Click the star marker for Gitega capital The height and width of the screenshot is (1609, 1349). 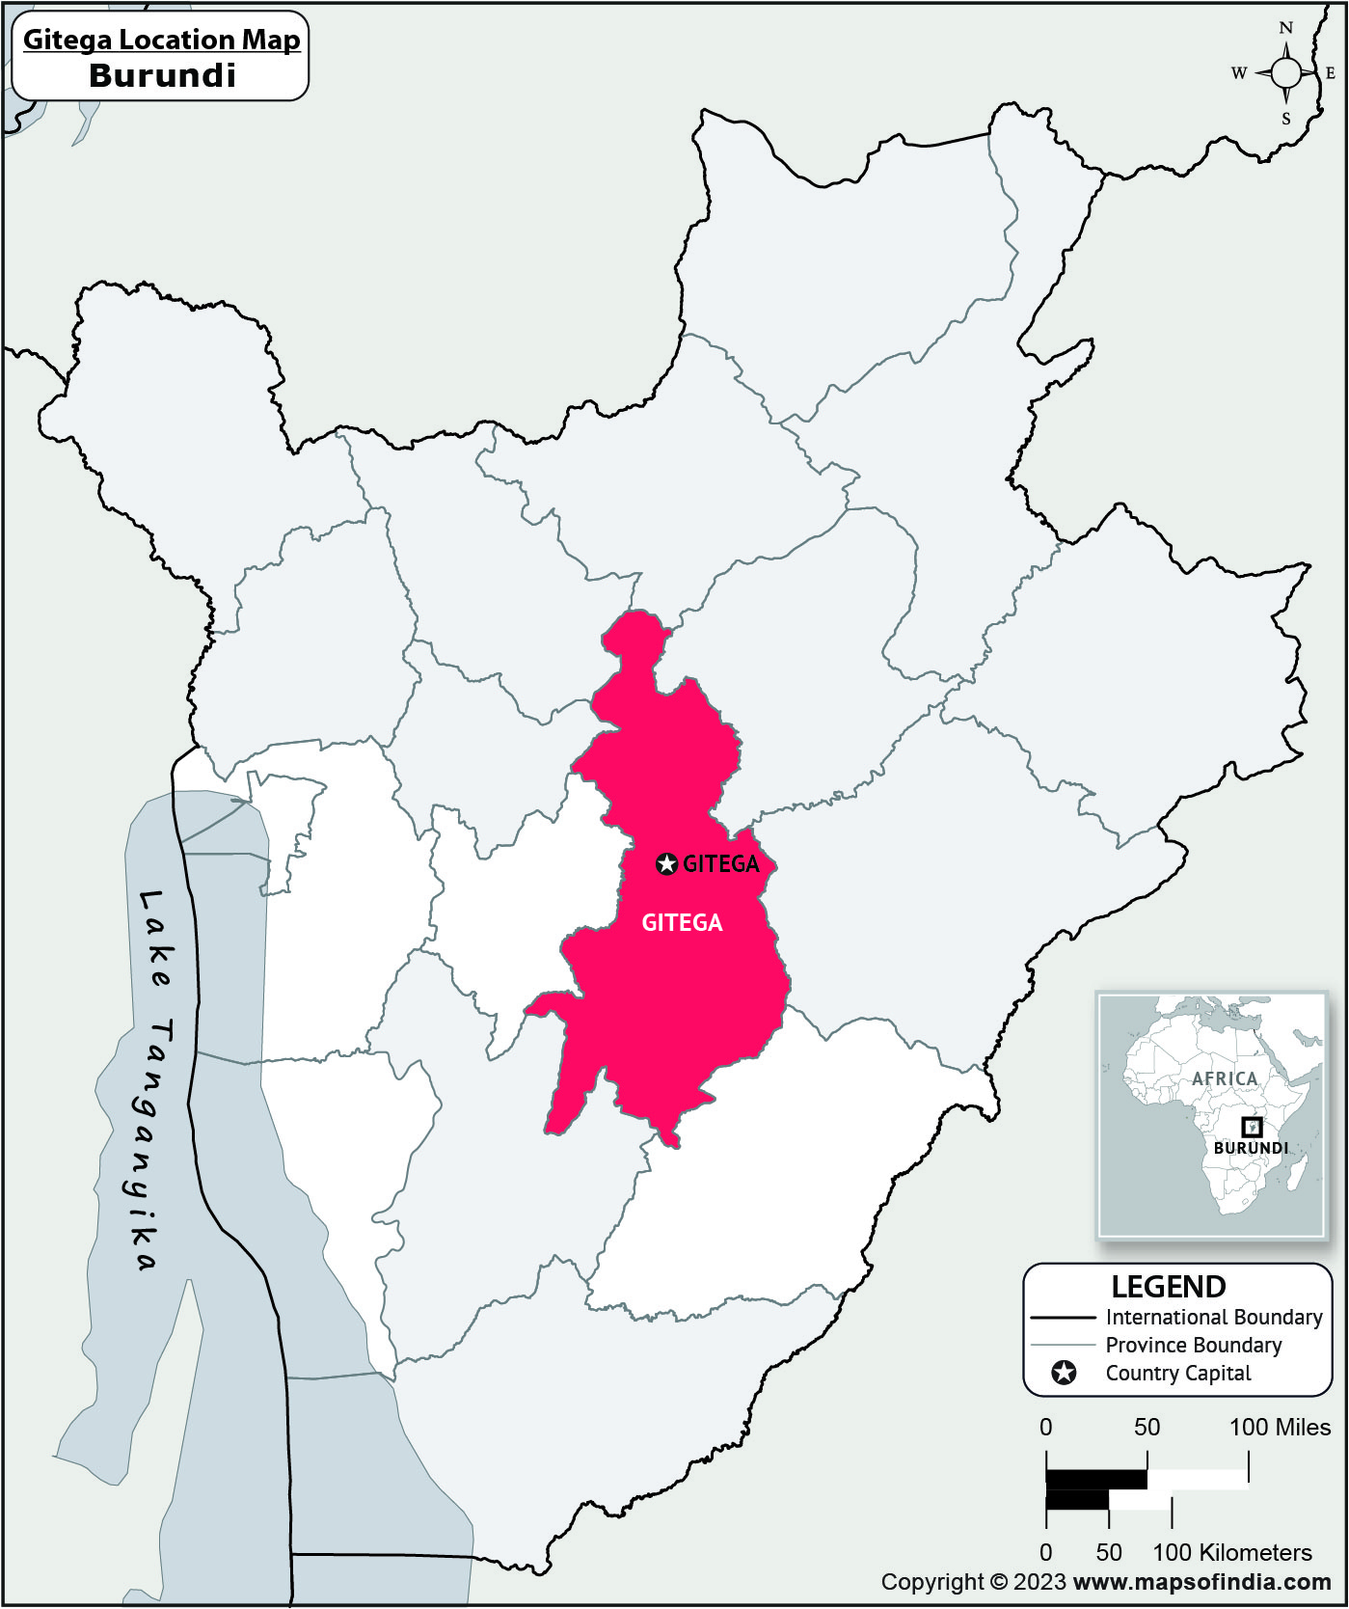point(666,864)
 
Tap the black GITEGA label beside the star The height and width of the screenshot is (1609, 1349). point(721,864)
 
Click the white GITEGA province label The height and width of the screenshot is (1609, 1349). point(682,923)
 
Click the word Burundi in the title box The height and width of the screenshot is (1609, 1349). point(162,75)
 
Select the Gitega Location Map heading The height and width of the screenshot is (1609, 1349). point(162,40)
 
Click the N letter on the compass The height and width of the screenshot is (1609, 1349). point(1285,28)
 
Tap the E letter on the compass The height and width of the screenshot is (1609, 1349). point(1331,73)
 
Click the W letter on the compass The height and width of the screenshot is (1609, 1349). point(1239,73)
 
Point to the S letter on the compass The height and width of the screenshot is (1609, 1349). point(1285,120)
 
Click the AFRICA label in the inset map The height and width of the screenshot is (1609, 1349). point(1225,1078)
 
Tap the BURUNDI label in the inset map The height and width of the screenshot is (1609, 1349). point(1251,1148)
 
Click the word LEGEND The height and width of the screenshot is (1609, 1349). point(1168,1287)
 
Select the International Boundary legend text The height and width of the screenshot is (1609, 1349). point(1213,1317)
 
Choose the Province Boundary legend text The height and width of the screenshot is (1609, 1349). point(1193,1345)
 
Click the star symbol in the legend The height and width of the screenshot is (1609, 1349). point(1064,1373)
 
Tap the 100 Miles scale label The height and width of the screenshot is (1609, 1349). point(1280,1427)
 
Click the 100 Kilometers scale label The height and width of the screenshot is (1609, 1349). point(1232,1552)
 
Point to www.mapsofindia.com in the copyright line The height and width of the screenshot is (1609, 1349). point(1201,1582)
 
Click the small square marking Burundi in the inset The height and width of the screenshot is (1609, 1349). point(1251,1127)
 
